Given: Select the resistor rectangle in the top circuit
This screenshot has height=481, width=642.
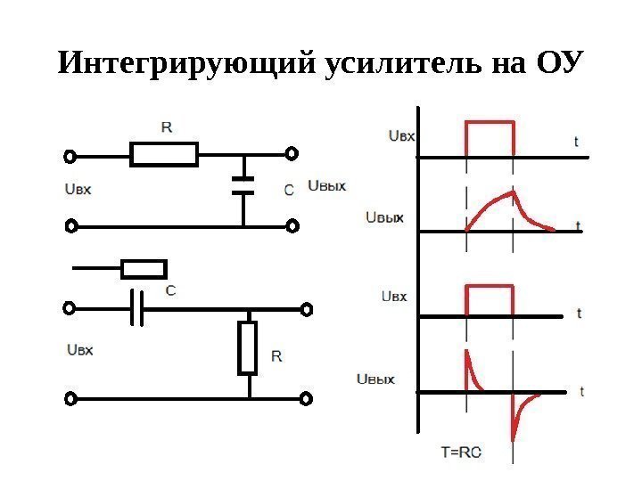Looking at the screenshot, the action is coord(164,154).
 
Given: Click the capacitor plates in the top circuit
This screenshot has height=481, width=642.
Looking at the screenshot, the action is coord(243,185).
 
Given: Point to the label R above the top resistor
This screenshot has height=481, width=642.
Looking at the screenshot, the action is coord(167,126).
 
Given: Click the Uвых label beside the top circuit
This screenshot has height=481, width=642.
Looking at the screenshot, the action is coord(326,185).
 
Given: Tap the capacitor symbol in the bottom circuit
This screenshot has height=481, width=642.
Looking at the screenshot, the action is coord(136,309).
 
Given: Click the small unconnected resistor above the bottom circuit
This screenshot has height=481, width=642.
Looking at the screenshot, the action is coord(144,269).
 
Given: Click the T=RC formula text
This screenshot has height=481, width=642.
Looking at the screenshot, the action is coord(461,452).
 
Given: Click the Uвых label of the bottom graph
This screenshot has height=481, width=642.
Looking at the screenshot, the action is coord(375,380).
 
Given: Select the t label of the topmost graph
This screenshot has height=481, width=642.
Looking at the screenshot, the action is coord(576,141).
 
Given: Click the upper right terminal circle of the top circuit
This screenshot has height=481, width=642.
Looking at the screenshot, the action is coord(292,154).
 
